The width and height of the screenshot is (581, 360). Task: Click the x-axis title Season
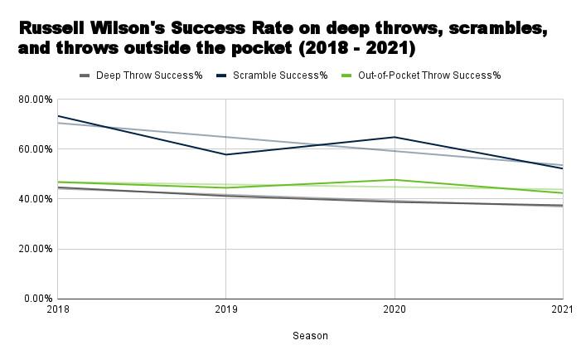click(x=310, y=336)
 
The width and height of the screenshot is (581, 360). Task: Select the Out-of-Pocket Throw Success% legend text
click(x=429, y=75)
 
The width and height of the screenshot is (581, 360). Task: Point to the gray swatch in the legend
click(x=85, y=75)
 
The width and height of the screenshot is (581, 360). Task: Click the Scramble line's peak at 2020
click(x=395, y=137)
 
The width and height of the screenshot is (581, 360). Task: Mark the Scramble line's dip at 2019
click(x=225, y=154)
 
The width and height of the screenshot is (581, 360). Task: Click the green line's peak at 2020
click(x=395, y=180)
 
